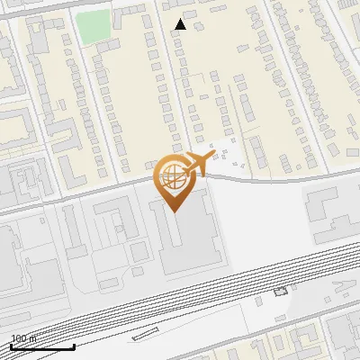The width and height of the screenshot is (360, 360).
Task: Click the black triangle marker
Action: [x=181, y=24]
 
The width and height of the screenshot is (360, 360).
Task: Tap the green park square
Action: [x=93, y=26]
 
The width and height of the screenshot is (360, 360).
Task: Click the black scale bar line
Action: [x=41, y=346]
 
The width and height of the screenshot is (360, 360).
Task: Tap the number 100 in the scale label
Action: [x=17, y=339]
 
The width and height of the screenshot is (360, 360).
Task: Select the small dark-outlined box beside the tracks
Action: [x=279, y=291]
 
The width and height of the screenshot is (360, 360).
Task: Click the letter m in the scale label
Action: [x=32, y=339]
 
